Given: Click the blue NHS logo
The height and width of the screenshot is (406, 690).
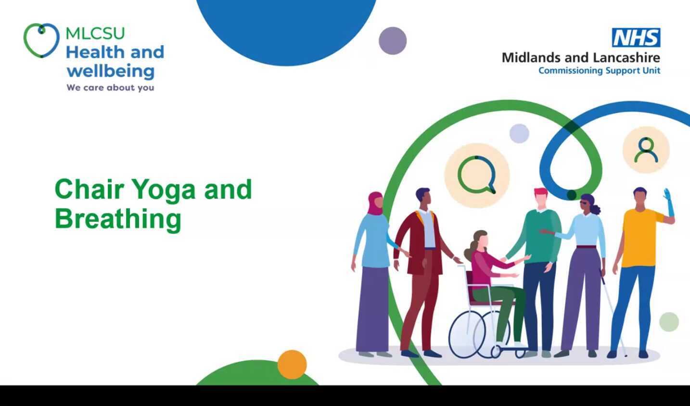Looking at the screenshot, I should pyautogui.click(x=636, y=38).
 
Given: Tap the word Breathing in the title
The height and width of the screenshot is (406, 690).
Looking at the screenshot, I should pyautogui.click(x=118, y=219).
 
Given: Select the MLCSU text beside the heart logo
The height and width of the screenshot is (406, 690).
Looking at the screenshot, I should pyautogui.click(x=95, y=33).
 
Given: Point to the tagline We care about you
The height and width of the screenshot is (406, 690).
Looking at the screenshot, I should pyautogui.click(x=110, y=88).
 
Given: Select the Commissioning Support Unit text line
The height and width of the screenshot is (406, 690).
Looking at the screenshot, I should pyautogui.click(x=599, y=71).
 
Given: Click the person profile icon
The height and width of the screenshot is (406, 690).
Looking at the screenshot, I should pyautogui.click(x=646, y=150).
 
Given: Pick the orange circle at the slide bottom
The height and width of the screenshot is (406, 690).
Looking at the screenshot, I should pyautogui.click(x=292, y=364).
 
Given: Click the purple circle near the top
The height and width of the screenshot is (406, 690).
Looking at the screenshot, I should pyautogui.click(x=393, y=41).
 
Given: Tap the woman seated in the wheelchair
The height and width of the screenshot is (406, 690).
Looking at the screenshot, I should pyautogui.click(x=486, y=269).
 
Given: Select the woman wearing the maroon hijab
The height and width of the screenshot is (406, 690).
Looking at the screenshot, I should pyautogui.click(x=373, y=269).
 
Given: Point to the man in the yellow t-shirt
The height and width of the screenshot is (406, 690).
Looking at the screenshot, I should pyautogui.click(x=638, y=260).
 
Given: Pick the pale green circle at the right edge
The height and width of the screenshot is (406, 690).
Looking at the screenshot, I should pyautogui.click(x=668, y=322).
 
